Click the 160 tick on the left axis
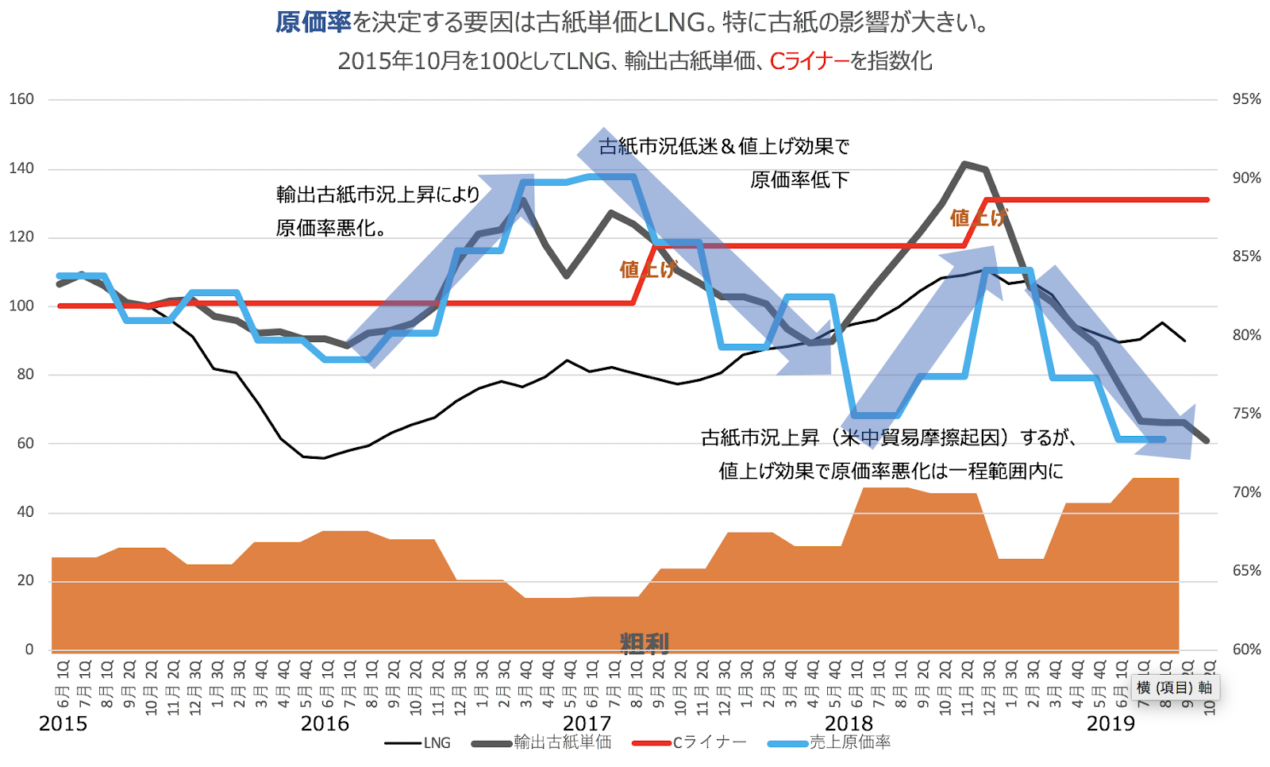point(21,99)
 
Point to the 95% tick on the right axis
point(1246,99)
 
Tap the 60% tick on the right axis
point(1246,649)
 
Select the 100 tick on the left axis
point(21,306)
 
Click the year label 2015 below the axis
point(63,723)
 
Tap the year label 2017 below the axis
point(587,723)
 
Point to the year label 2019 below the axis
point(1110,723)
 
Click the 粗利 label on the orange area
point(645,643)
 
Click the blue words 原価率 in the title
point(314,22)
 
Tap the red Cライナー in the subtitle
point(809,61)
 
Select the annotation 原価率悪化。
point(332,229)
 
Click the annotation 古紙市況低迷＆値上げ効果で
point(724,147)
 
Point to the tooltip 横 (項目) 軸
point(1174,688)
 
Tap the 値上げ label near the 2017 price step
point(648,269)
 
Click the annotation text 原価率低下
point(799,180)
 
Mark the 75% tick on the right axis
point(1246,414)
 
